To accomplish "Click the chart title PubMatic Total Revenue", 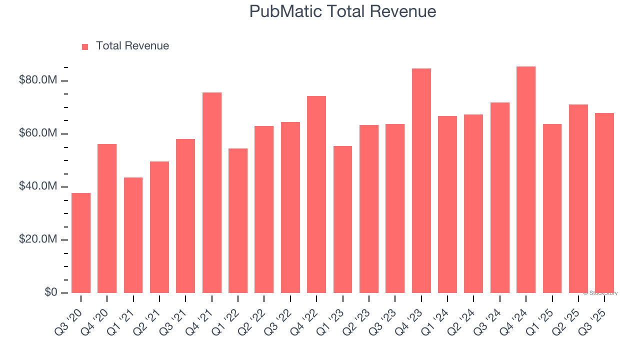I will (x=342, y=11).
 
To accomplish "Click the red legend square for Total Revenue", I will (x=85, y=46).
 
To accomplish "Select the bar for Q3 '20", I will (x=81, y=243).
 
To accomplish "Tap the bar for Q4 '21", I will (x=212, y=192).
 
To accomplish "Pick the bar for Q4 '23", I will (x=421, y=180).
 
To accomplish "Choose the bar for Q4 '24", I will (x=526, y=179).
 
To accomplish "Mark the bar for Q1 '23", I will (x=342, y=219).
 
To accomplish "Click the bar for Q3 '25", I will (x=604, y=203).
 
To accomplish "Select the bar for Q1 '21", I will (x=133, y=235).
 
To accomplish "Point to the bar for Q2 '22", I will (x=264, y=209).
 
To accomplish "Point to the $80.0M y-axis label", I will (x=38, y=80).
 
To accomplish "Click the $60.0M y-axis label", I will (x=38, y=133).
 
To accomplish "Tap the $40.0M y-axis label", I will (x=38, y=186).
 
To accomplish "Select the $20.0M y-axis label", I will (x=38, y=239).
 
